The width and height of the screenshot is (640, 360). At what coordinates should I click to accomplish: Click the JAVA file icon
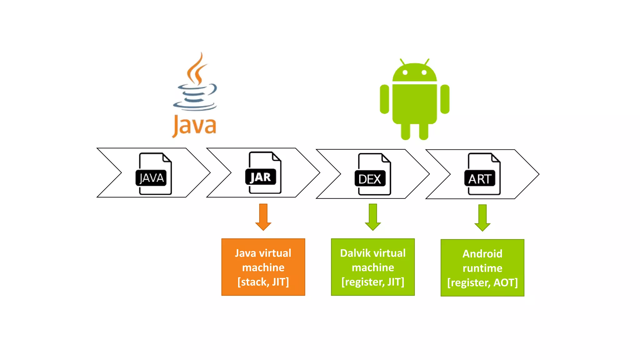point(154,174)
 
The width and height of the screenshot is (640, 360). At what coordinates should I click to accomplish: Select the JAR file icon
point(263,173)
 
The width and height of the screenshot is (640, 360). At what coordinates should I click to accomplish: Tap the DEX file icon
point(373,174)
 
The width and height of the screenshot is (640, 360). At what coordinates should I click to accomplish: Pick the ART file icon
point(482,174)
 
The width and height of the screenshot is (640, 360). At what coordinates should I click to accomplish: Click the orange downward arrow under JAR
point(263,217)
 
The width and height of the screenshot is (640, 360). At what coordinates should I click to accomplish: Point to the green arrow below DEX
point(373,217)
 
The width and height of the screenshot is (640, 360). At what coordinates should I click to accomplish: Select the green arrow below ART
point(482,217)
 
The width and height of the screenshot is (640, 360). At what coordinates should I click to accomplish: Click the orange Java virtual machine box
point(263,267)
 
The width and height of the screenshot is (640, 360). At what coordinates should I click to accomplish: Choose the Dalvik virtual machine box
point(373,267)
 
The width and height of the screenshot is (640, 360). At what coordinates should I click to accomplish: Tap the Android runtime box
point(482,268)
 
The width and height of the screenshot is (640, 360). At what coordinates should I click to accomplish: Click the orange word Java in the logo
point(194,126)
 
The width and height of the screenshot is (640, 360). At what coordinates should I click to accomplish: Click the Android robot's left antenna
point(402,62)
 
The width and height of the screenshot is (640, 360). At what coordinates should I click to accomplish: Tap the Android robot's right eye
point(424,72)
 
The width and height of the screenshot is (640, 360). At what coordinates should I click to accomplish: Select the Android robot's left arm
point(384,99)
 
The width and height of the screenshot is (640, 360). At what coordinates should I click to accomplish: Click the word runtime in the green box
point(482,268)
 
